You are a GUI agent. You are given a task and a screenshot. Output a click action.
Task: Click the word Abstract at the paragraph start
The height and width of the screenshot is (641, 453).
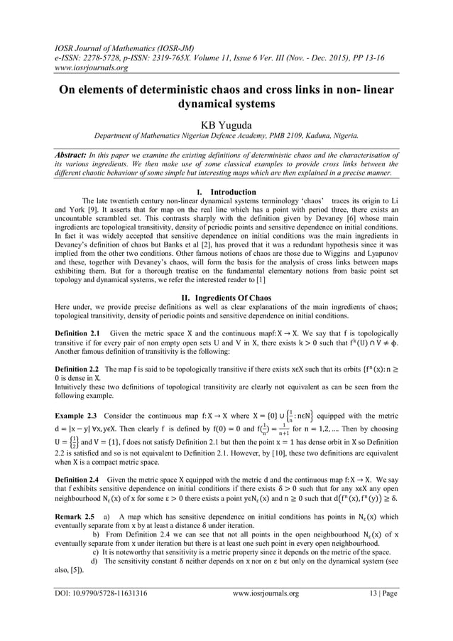click(75, 152)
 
